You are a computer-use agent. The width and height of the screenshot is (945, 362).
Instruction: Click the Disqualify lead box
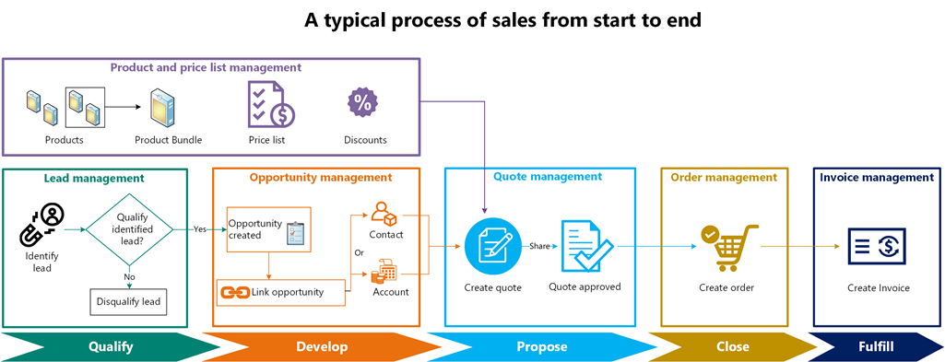pyautogui.click(x=128, y=302)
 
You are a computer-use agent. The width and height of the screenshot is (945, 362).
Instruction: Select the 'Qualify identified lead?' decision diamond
pyautogui.click(x=130, y=229)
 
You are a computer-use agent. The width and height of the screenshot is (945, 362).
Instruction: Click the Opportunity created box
pyautogui.click(x=269, y=229)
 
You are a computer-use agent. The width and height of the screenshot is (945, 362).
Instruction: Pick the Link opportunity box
pyautogui.click(x=281, y=293)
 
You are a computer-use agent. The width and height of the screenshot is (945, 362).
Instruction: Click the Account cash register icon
pyautogui.click(x=384, y=271)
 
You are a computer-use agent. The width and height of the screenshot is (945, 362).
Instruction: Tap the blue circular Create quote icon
pyautogui.click(x=492, y=246)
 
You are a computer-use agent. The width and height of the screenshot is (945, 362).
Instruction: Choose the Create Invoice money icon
pyautogui.click(x=878, y=246)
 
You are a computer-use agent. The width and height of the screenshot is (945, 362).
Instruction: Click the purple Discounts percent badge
pyautogui.click(x=362, y=103)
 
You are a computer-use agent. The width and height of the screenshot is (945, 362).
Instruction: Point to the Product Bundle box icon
pyautogui.click(x=163, y=107)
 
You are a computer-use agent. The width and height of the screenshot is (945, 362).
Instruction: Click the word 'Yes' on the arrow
pyautogui.click(x=200, y=229)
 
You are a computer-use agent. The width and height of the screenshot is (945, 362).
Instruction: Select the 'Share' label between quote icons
pyautogui.click(x=539, y=246)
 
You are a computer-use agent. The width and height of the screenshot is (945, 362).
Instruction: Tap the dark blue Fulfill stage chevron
pyautogui.click(x=876, y=347)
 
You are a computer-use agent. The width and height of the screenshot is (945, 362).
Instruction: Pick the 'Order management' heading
pyautogui.click(x=725, y=177)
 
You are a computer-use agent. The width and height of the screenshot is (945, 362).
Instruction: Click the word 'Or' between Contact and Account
pyautogui.click(x=360, y=253)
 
